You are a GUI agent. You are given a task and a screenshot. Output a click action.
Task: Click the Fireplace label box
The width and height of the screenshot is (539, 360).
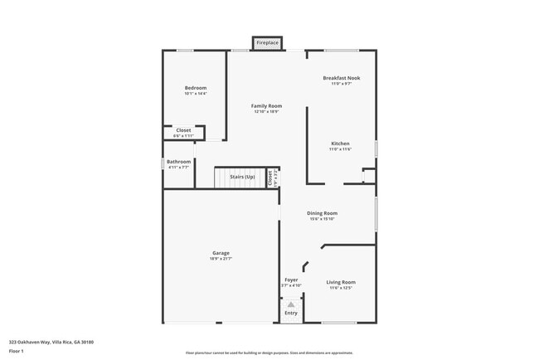[x=267, y=42]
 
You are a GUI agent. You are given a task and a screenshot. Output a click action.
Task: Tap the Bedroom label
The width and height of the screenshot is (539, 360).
[x=196, y=88]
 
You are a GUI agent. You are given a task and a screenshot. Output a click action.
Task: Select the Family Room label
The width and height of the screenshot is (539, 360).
[x=267, y=105]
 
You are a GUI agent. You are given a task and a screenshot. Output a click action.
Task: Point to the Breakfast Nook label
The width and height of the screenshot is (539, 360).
[x=341, y=78]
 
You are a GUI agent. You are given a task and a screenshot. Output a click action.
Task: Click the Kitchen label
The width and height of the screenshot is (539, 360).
[x=341, y=144]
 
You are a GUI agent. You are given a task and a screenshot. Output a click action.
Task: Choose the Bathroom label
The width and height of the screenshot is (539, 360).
[x=178, y=162]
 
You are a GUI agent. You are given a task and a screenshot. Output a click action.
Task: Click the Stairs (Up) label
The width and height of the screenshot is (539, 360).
[x=242, y=177]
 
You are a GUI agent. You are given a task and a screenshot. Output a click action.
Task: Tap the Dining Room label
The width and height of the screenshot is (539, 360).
[x=323, y=213]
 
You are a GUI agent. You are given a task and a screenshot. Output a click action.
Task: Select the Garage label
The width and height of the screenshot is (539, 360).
[x=221, y=253]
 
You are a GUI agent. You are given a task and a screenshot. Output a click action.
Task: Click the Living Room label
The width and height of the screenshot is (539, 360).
[x=341, y=282]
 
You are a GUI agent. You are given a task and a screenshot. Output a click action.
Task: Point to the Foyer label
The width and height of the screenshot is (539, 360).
[x=291, y=280]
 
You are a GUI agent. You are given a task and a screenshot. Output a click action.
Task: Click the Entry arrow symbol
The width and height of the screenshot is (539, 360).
[x=291, y=304]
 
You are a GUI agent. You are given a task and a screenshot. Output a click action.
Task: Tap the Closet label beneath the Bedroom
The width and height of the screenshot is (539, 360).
[x=183, y=130]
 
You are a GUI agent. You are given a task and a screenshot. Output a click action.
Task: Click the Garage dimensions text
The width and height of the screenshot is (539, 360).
[x=221, y=259]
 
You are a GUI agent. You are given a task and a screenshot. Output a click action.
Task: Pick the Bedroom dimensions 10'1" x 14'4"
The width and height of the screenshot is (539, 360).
[x=196, y=94]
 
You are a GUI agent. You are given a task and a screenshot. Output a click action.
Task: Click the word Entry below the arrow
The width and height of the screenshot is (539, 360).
[x=291, y=313]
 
